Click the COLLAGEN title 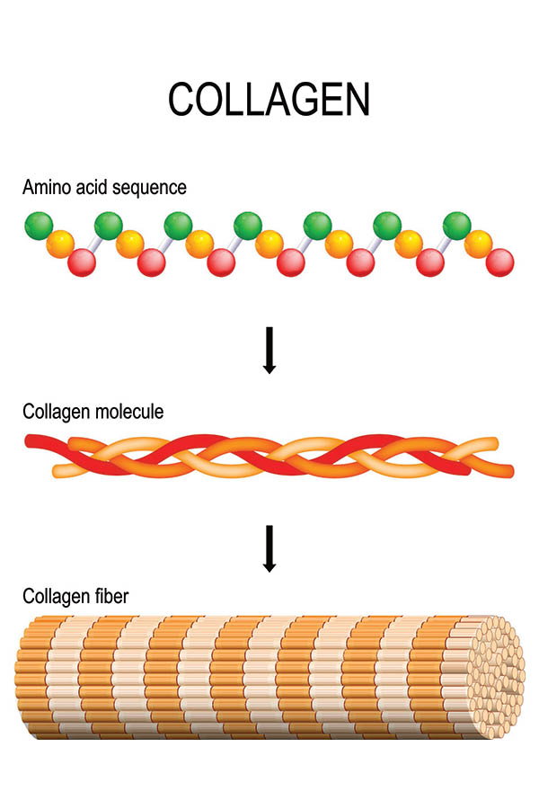269,100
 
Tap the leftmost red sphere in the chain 81,262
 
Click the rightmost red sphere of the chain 500,262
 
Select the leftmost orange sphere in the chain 59,244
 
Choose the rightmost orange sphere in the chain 479,244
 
